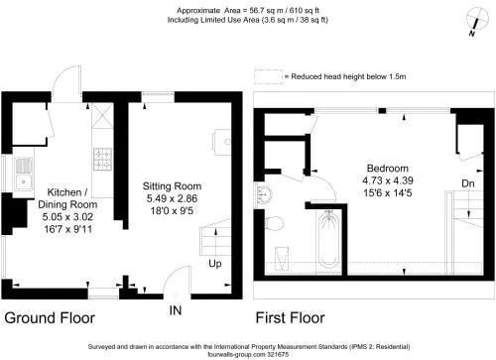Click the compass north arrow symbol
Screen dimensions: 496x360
click(x=477, y=20)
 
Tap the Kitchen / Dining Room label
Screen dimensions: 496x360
click(x=67, y=198)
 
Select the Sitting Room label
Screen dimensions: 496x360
click(x=172, y=186)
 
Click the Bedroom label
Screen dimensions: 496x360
click(x=388, y=169)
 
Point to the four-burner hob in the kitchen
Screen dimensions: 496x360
click(x=103, y=160)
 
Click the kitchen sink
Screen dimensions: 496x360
click(x=24, y=175)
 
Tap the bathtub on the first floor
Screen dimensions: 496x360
click(x=328, y=239)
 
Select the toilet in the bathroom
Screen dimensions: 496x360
click(x=275, y=223)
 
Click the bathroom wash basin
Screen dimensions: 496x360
click(x=264, y=194)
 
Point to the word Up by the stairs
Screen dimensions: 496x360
click(x=215, y=264)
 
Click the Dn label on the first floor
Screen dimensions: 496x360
click(x=468, y=183)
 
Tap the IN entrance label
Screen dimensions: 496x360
click(x=176, y=310)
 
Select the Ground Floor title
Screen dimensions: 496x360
click(x=50, y=318)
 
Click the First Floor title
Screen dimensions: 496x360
click(x=290, y=318)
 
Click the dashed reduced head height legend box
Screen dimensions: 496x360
click(x=268, y=76)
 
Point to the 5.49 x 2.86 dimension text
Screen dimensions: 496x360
click(x=172, y=198)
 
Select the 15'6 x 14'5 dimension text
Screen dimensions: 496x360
click(x=388, y=192)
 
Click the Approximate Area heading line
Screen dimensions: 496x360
click(x=248, y=11)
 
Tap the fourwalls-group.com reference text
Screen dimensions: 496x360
click(x=248, y=354)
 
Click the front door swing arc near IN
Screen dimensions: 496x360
click(x=172, y=275)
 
